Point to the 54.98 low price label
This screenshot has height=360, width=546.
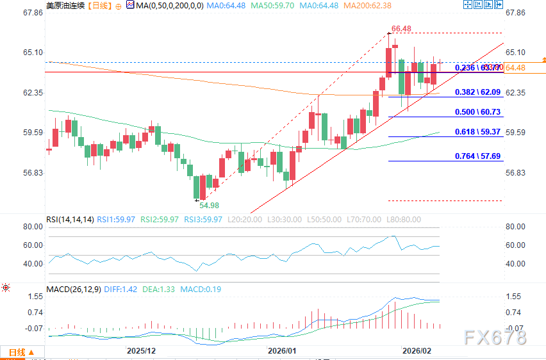[209, 206]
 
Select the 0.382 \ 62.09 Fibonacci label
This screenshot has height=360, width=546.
[477, 92]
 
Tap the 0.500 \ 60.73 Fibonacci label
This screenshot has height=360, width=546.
[477, 112]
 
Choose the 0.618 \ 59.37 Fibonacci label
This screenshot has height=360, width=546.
[477, 131]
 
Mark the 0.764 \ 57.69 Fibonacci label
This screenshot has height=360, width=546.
[477, 156]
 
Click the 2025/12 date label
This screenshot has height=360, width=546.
[141, 351]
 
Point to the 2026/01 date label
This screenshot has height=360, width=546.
[282, 351]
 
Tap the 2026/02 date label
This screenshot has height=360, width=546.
[416, 351]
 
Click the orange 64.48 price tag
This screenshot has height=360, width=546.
[515, 68]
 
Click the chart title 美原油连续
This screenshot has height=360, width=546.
[64, 6]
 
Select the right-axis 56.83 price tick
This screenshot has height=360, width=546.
[515, 173]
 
